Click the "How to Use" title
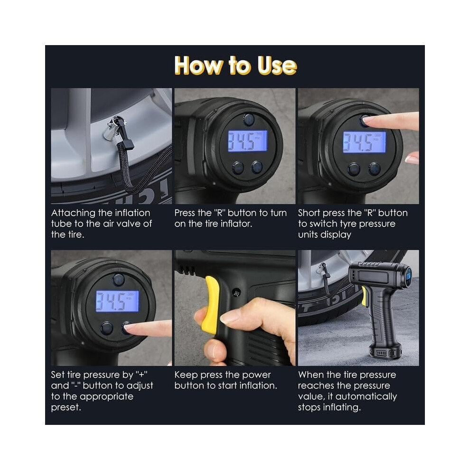[x=235, y=65]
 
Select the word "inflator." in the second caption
[x=236, y=224]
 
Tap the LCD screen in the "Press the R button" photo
[x=247, y=141]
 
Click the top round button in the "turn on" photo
[x=249, y=120]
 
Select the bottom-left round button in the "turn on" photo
[x=238, y=168]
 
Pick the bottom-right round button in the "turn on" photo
[x=257, y=167]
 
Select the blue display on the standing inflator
[x=409, y=275]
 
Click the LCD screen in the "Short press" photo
[x=364, y=142]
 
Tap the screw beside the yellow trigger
[x=236, y=292]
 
